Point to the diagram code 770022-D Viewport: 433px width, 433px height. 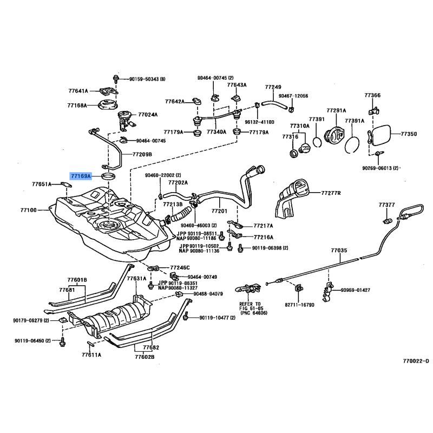pyautogui.click(x=415, y=360)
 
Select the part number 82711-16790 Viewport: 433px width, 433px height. pyautogui.click(x=299, y=305)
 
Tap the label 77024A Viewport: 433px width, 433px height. pyautogui.click(x=148, y=115)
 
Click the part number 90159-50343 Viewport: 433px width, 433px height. pyautogui.click(x=147, y=80)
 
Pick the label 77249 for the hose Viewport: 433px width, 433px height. pyautogui.click(x=273, y=87)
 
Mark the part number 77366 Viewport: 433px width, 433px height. pyautogui.click(x=372, y=95)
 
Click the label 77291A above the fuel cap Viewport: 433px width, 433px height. pyautogui.click(x=336, y=110)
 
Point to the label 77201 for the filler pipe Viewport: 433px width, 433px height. pyautogui.click(x=219, y=211)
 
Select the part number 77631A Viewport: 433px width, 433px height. pyautogui.click(x=136, y=279)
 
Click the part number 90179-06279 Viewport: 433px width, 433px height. pyautogui.click(x=28, y=320)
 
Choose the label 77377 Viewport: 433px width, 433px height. pyautogui.click(x=387, y=205)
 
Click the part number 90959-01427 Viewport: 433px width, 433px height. pyautogui.click(x=355, y=290)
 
